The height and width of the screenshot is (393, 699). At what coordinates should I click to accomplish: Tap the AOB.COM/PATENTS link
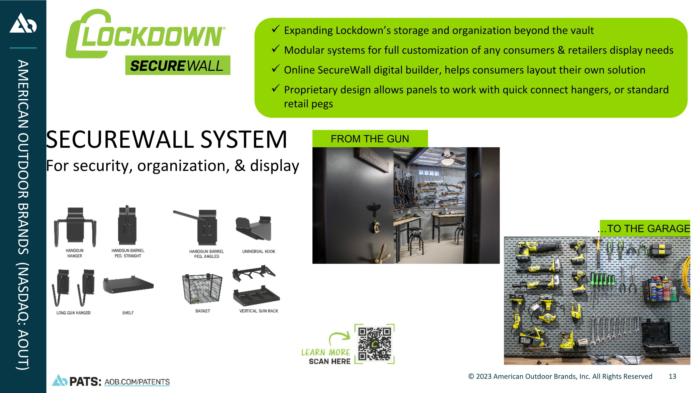[x=137, y=382]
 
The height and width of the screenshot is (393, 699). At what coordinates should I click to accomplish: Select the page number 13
[x=672, y=376]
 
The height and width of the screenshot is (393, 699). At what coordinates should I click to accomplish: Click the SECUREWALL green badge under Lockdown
[x=178, y=65]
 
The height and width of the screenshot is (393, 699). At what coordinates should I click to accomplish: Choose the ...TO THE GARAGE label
[x=644, y=228]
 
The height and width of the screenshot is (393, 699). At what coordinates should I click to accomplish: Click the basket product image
[x=202, y=289]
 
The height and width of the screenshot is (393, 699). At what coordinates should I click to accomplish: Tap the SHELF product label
[x=128, y=313]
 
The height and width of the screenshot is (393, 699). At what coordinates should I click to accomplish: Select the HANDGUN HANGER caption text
[x=75, y=253]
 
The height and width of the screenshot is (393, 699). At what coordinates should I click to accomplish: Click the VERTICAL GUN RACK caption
[x=259, y=311]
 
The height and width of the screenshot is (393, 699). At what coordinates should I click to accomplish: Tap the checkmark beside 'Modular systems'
[x=275, y=49]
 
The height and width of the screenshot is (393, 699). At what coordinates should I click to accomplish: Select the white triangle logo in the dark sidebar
[x=23, y=23]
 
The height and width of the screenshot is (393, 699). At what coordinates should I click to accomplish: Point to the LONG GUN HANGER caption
[x=74, y=313]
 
